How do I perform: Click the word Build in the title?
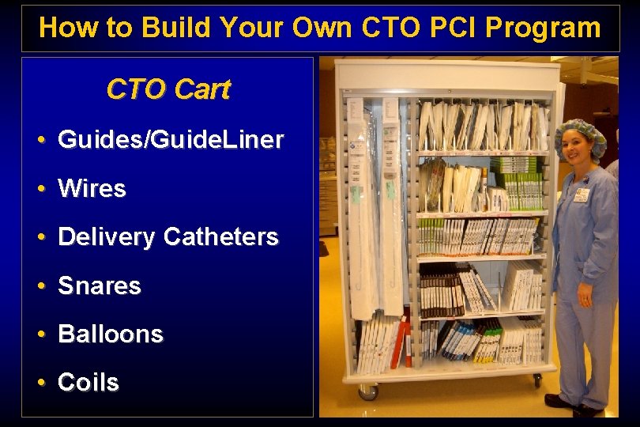176,28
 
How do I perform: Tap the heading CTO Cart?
168,89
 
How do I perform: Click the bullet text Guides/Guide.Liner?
171,140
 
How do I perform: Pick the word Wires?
92,189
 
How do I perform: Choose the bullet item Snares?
100,285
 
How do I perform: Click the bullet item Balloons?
111,334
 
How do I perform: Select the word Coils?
88,383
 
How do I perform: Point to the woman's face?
578,153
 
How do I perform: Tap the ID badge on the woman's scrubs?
581,195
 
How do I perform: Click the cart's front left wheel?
367,391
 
